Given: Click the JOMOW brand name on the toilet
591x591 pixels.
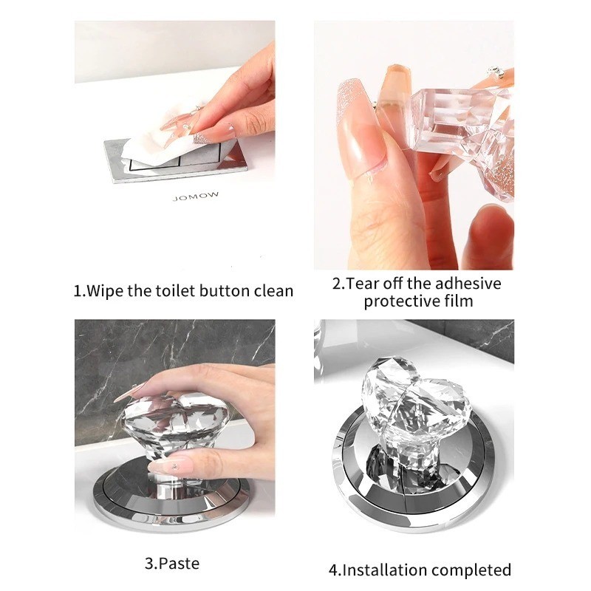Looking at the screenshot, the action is pos(195,196).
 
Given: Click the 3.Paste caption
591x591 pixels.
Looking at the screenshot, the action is pos(172,564).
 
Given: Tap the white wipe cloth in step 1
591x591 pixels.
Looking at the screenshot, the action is pos(158,145).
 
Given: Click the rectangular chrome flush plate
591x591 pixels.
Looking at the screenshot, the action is pos(176,161).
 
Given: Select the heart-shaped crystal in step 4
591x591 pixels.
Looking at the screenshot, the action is pos(411,411).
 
